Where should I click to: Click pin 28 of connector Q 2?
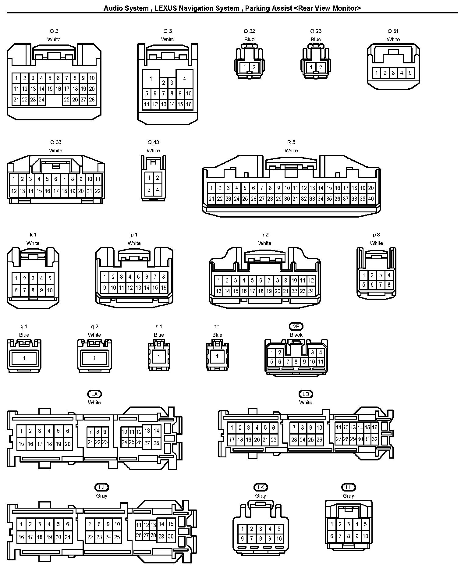pyautogui.click(x=92, y=99)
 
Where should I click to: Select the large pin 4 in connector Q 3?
pyautogui.click(x=184, y=78)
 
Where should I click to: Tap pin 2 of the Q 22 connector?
pyautogui.click(x=254, y=67)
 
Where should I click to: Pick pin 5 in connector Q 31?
pyautogui.click(x=410, y=73)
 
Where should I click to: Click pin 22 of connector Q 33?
pyautogui.click(x=98, y=191)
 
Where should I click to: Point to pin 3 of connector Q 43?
pyautogui.click(x=149, y=190)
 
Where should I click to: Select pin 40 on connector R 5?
pyautogui.click(x=371, y=199)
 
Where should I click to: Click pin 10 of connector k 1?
pyautogui.click(x=50, y=290)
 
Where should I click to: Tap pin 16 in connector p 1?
pyautogui.click(x=164, y=287)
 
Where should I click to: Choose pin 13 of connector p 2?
pyautogui.click(x=218, y=291)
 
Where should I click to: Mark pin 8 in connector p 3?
pyautogui.click(x=389, y=285)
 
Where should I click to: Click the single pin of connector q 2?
pyautogui.click(x=94, y=358)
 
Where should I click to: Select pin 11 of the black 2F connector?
pyautogui.click(x=320, y=362)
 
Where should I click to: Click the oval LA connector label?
pyautogui.click(x=94, y=394)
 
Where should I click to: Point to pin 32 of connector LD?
pyautogui.click(x=375, y=439)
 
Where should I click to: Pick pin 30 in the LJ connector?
pyautogui.click(x=171, y=537)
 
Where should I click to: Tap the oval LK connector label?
pyautogui.click(x=261, y=487)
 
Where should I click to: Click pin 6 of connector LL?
pyautogui.click(x=332, y=536)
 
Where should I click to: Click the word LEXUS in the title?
pyautogui.click(x=165, y=8)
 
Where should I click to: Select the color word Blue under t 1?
pyautogui.click(x=217, y=335)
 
